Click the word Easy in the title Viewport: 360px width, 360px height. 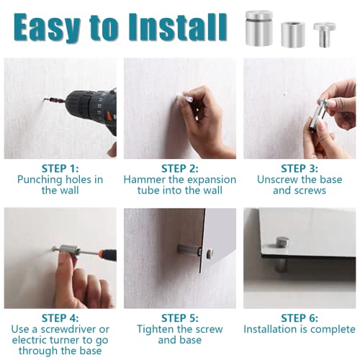47,27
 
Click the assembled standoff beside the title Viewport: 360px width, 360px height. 258,28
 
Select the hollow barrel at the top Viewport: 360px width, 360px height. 293,35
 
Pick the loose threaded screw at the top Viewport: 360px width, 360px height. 325,35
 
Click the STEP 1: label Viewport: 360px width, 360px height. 60,168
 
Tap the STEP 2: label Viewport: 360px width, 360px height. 180,168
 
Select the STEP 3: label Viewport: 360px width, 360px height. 300,168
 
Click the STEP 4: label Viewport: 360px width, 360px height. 60,318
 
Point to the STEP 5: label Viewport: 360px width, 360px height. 180,318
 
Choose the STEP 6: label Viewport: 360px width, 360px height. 300,318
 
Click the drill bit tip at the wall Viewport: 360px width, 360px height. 45,99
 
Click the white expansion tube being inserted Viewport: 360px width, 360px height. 185,98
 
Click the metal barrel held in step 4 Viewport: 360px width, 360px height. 70,251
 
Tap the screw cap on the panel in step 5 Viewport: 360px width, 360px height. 210,253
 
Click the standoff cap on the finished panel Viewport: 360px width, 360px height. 282,242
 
